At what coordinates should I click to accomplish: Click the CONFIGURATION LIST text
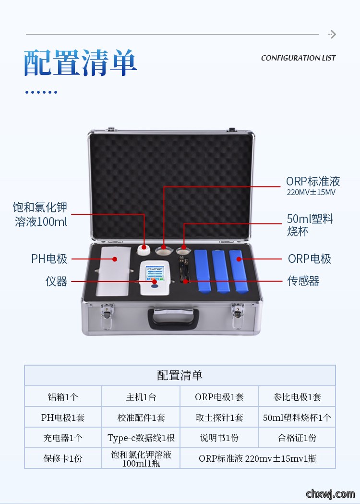pos(298,58)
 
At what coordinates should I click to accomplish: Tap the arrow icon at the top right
pos(332,35)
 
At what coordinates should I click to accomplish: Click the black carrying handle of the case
pos(173,319)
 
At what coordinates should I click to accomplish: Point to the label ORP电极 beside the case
pos(309,259)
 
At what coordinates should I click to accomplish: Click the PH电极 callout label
pos(49,259)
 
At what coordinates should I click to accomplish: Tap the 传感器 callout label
pos(303,281)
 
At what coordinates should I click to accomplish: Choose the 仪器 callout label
pos(56,281)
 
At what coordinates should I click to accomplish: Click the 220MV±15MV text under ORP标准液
pos(311,193)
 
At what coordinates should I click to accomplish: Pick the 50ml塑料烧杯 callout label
pos(310,225)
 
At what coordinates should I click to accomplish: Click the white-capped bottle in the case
pos(144,249)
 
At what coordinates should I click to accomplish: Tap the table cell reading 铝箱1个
pos(63,397)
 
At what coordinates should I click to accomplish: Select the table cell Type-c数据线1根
pos(141,438)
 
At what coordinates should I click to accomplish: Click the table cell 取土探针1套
pos(219,418)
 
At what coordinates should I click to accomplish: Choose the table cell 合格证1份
pos(297,438)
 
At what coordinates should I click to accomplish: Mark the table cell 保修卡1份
pos(63,458)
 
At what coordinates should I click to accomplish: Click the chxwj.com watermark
pos(330,494)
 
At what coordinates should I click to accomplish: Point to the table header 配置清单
pos(180,375)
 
